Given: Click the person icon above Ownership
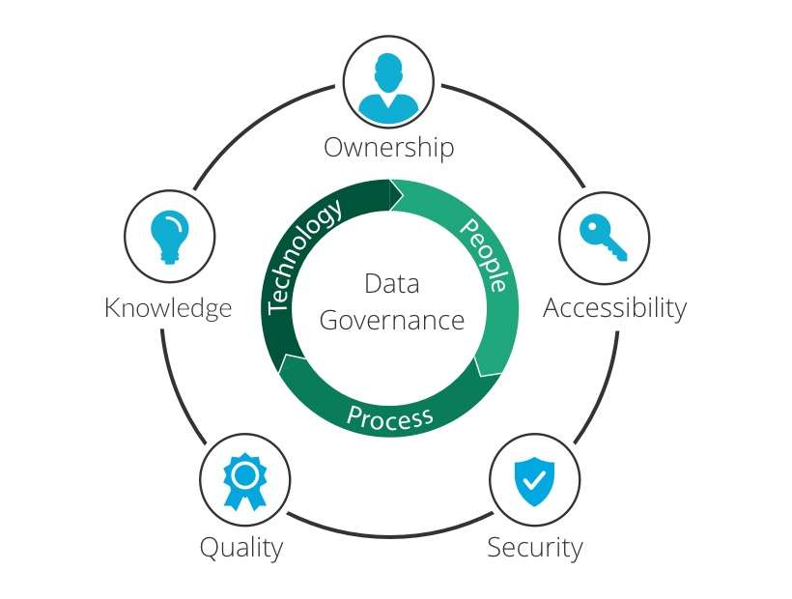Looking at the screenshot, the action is click(388, 88).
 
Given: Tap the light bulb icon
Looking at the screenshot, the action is click(170, 237).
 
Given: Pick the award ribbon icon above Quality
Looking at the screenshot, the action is click(245, 481).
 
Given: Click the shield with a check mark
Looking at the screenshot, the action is click(534, 481).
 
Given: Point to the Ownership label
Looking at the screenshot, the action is click(389, 148).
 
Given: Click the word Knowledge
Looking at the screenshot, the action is click(168, 308).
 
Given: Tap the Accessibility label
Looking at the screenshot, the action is click(614, 307).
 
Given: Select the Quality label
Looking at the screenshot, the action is click(241, 548).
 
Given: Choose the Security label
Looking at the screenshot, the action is click(535, 548).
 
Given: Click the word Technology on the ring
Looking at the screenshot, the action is click(303, 256).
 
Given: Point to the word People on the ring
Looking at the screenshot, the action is click(484, 255).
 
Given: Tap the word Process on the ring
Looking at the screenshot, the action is click(390, 417).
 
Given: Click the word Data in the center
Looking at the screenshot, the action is click(392, 283).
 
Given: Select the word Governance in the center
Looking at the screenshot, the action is click(392, 320).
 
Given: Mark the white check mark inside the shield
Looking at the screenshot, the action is click(534, 479).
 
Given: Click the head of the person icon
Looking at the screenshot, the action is click(388, 72).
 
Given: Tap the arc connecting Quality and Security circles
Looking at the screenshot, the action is click(390, 533).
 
